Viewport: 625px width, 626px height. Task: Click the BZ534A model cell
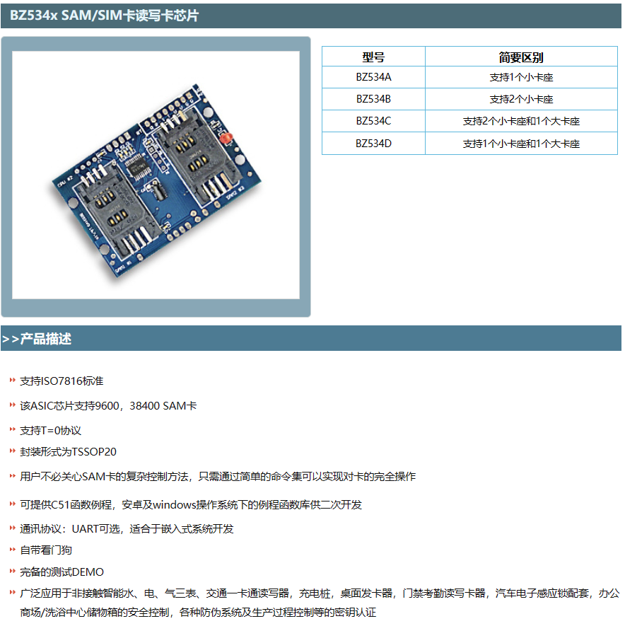pos(373,77)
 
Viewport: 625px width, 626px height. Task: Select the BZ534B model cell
pos(373,99)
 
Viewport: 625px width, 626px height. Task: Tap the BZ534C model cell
pos(373,121)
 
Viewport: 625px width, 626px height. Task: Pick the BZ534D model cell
pos(373,144)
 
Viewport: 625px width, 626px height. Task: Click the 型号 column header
pos(373,57)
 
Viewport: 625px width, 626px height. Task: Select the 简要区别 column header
pos(521,57)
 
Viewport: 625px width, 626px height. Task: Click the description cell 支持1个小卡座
pos(521,77)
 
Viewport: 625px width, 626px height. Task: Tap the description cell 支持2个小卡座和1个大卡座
pos(521,121)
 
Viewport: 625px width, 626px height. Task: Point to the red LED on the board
pos(226,138)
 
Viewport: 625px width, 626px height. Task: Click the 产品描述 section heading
pos(46,339)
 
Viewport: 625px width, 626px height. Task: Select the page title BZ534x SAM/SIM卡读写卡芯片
pos(104,15)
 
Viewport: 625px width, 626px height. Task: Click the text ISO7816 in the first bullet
pos(62,381)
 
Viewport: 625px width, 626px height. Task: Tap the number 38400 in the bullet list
pos(145,406)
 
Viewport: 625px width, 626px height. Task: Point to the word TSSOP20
pos(94,452)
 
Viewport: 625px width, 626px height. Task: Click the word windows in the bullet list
pos(175,505)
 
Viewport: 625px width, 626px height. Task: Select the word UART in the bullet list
pos(85,529)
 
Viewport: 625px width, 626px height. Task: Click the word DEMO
pos(88,572)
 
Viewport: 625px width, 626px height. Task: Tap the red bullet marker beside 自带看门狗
pos(12,550)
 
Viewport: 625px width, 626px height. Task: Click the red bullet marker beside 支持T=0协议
pos(12,429)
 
